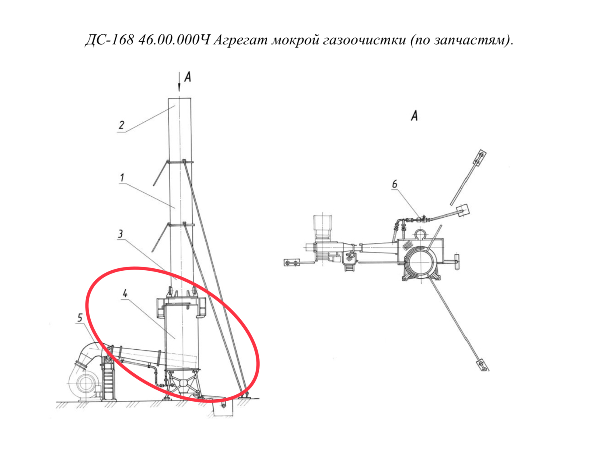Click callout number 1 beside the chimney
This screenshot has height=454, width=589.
tap(122, 178)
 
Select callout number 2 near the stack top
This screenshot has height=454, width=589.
tap(121, 125)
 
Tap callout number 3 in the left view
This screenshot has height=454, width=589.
tap(121, 234)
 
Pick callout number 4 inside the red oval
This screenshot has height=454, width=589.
tap(125, 293)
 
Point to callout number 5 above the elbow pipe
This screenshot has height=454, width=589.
tap(80, 317)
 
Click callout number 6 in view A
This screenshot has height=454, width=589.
tap(395, 184)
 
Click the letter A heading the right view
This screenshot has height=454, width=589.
tap(414, 116)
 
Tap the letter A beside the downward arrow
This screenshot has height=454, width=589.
tap(187, 77)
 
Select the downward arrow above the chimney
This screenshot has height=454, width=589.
tap(179, 82)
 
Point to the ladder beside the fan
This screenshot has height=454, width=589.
tap(109, 379)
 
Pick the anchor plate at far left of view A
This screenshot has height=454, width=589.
tap(291, 262)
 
